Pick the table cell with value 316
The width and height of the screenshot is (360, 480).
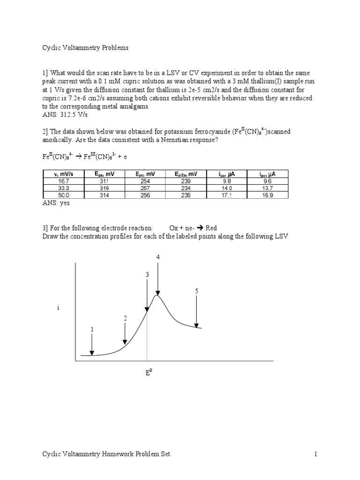tap(105, 188)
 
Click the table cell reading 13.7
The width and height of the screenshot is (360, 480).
tap(268, 188)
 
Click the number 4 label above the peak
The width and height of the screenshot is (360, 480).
tap(158, 257)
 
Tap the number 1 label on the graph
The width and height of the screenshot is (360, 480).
tap(92, 330)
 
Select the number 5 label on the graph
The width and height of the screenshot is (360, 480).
tap(197, 291)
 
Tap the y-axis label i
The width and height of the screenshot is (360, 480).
tap(58, 308)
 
